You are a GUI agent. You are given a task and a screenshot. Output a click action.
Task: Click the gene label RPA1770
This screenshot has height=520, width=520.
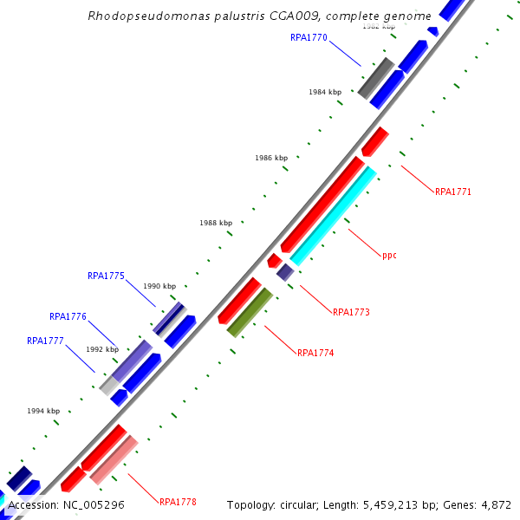(309, 37)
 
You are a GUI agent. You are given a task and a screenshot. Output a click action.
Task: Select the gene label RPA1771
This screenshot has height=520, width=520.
(453, 192)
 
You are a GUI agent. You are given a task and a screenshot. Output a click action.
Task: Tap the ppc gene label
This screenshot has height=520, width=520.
(389, 256)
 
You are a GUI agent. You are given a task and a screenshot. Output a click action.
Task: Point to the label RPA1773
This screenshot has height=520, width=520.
(351, 311)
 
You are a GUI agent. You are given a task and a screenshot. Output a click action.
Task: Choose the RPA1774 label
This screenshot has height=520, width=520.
(315, 353)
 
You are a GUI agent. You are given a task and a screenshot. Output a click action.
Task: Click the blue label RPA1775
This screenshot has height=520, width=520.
(106, 276)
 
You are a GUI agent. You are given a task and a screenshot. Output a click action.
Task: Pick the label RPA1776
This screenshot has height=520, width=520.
(68, 316)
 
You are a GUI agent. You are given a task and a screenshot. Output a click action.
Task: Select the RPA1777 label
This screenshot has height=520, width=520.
(45, 341)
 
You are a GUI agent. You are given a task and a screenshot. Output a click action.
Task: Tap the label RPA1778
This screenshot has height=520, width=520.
(178, 502)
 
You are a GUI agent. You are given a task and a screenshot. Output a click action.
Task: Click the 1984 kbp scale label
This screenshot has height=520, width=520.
(325, 92)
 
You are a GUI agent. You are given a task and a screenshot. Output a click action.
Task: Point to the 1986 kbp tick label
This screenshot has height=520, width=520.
(271, 158)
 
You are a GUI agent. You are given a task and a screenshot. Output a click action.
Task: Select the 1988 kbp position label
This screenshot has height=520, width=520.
(216, 223)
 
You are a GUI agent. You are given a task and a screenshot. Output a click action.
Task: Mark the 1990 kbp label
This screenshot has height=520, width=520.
(159, 286)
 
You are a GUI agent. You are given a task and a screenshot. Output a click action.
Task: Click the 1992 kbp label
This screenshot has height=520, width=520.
(102, 349)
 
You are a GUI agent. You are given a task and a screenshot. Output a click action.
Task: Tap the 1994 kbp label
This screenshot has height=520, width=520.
(43, 411)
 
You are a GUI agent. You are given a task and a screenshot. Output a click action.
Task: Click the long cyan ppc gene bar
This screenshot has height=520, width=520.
(334, 215)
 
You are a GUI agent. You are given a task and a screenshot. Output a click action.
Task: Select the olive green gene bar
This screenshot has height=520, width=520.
(250, 312)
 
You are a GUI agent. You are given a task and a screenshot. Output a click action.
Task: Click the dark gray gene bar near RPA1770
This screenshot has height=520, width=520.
(376, 78)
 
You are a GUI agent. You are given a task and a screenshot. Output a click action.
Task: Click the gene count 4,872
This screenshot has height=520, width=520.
(494, 504)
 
